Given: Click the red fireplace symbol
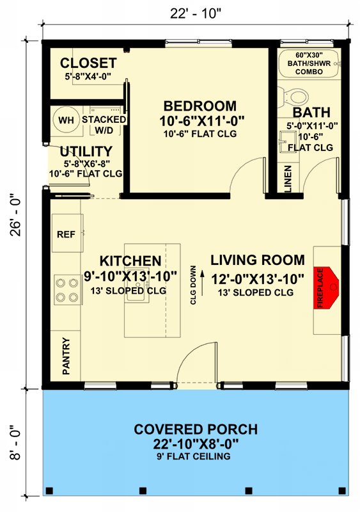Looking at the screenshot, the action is click(325, 287).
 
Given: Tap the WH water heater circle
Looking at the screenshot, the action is click(67, 120).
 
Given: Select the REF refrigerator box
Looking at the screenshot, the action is click(67, 233).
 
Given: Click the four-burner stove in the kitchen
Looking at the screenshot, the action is click(67, 290).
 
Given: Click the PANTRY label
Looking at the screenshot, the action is click(66, 356).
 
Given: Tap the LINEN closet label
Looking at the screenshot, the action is click(288, 179).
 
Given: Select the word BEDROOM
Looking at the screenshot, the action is click(200, 106).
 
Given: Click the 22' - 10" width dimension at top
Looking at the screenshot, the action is click(196, 13).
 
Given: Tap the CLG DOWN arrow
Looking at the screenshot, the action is click(202, 283).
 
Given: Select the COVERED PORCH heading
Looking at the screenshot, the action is click(196, 429).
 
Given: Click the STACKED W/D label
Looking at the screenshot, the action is click(104, 125).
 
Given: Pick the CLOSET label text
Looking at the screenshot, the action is click(88, 63).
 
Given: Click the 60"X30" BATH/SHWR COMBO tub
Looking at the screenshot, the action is click(309, 63).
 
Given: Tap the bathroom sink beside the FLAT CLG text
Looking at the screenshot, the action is click(287, 141).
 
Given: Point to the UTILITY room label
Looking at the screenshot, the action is click(86, 151).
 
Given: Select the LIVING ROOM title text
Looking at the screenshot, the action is click(258, 260).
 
